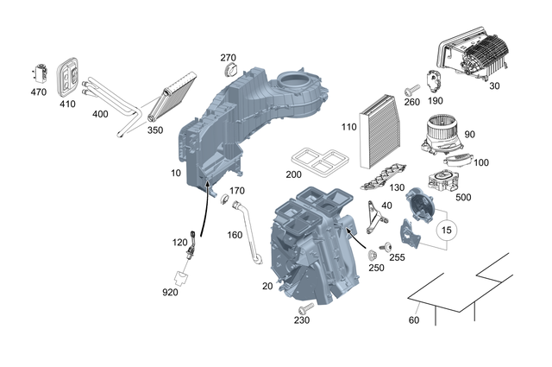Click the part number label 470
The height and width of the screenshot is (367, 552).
pos(39,92)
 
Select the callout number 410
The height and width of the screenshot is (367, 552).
pos(67,102)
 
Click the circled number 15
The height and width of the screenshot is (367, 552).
pos(446,230)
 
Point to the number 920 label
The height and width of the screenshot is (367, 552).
pos(169,292)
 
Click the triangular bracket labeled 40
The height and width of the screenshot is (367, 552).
pos(372,216)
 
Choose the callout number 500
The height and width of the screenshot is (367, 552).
pos(462,198)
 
